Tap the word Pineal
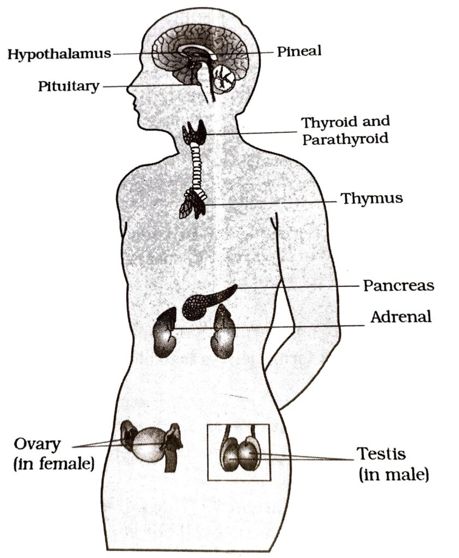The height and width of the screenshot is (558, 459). point(299,52)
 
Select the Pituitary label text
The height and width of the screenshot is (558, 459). point(69,86)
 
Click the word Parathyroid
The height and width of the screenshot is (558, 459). point(345,138)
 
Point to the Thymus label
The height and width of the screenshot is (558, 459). point(372,198)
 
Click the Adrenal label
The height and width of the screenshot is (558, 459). point(401,317)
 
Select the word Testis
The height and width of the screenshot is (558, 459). point(381,453)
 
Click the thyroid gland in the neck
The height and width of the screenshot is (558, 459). point(194,132)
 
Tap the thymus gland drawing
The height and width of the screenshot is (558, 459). point(193,205)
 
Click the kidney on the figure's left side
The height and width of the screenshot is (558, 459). point(164,332)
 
